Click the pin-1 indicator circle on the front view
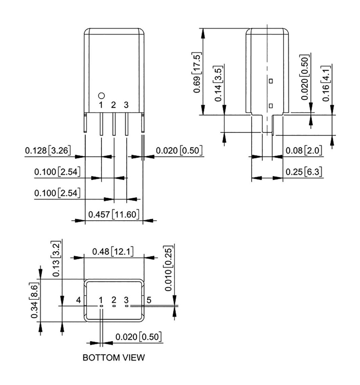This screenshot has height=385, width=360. tap(101, 96)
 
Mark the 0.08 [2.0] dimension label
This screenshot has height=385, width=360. tap(304, 151)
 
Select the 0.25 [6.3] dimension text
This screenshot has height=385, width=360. tap(304, 172)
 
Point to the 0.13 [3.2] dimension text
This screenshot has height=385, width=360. tap(56, 259)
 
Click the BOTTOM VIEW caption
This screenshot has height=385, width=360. tap(113, 358)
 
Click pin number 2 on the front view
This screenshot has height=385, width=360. tap(114, 105)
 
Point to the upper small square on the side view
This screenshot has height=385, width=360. tap(271, 80)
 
